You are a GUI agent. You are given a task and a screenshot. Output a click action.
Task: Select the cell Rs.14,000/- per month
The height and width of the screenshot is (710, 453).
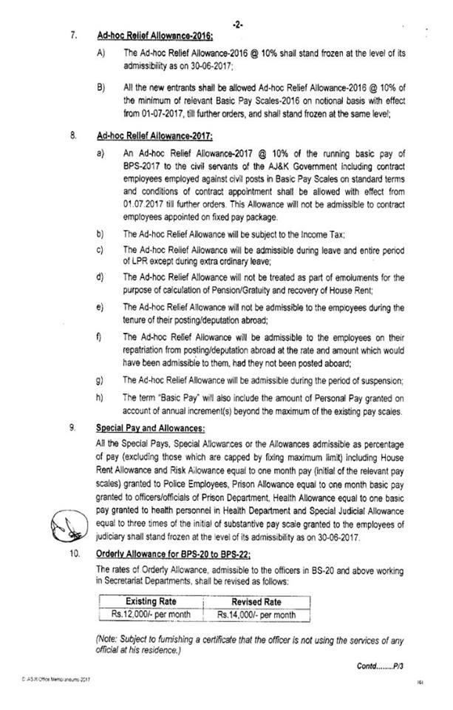pyautogui.click(x=256, y=615)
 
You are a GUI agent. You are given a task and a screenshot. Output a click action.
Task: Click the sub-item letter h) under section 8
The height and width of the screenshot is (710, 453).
pyautogui.click(x=99, y=398)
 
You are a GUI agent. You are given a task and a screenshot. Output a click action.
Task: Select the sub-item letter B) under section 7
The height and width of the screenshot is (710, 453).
pyautogui.click(x=100, y=86)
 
